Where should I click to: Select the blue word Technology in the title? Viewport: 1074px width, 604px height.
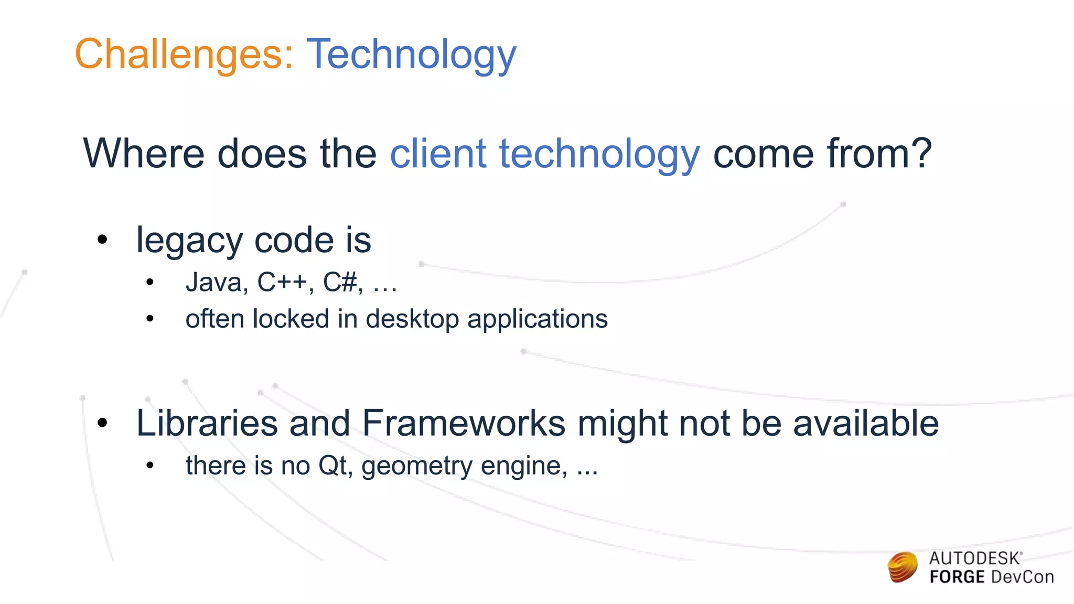[411, 54]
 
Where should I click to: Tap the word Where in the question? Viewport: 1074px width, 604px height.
[143, 154]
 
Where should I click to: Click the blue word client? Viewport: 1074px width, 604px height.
[438, 154]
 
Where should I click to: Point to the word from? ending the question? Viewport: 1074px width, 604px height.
[879, 154]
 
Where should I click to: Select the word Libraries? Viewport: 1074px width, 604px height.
[207, 423]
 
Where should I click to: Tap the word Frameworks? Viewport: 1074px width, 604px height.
[464, 423]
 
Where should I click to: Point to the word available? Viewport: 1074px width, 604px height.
[866, 423]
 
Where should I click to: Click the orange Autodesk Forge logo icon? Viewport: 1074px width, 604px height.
[903, 567]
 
